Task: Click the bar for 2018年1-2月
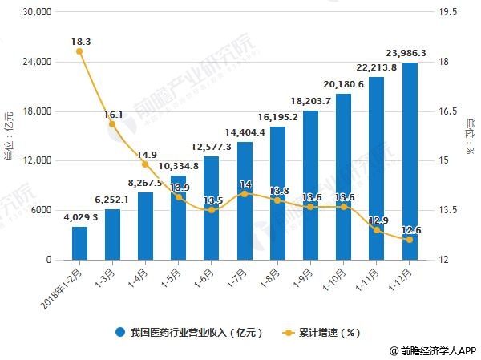point(79,243)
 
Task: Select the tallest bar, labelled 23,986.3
point(410,160)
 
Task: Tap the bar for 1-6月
point(212,208)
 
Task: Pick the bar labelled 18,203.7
point(311,184)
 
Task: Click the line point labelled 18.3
point(79,51)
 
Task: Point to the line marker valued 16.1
point(112,124)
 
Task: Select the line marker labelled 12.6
point(410,240)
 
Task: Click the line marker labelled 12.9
point(377,230)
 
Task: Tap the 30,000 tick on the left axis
point(35,13)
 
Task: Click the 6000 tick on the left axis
point(40,211)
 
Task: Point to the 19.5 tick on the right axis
point(445,13)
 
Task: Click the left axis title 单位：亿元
point(10,136)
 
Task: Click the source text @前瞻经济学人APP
point(433,350)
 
